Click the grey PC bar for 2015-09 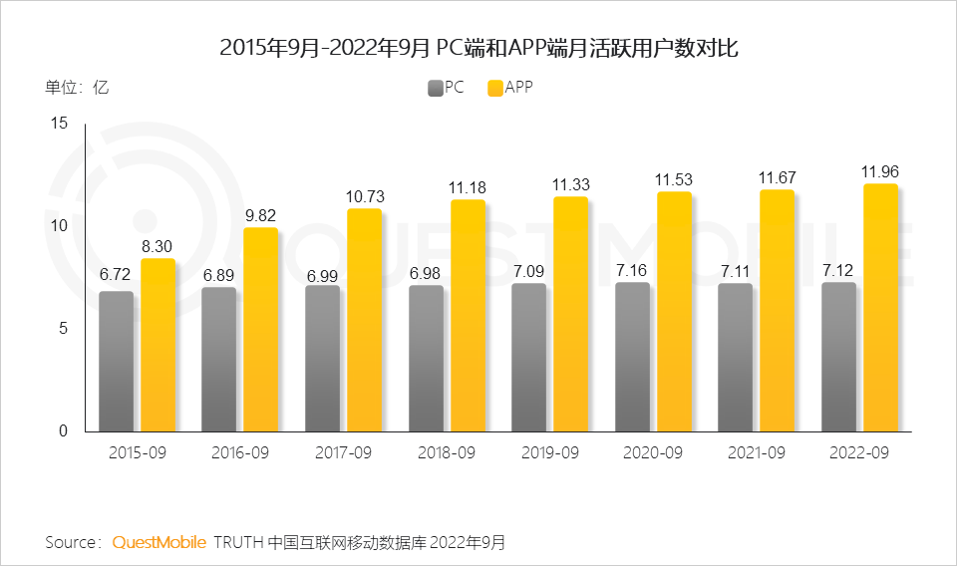click(116, 361)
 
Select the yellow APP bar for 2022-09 click(880, 307)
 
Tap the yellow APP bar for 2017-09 click(364, 319)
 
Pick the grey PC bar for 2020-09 click(632, 357)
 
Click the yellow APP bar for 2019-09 click(570, 314)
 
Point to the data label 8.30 click(158, 246)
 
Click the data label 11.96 click(880, 171)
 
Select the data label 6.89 click(218, 274)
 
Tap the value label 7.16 click(632, 270)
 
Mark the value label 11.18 click(468, 187)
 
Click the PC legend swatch click(436, 88)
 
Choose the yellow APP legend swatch click(495, 88)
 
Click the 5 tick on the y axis click(62, 328)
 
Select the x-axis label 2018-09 click(447, 452)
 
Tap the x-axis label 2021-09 click(757, 452)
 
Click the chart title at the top click(478, 47)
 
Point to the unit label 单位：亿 click(77, 87)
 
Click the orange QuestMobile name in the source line click(159, 542)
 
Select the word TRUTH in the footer click(239, 542)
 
